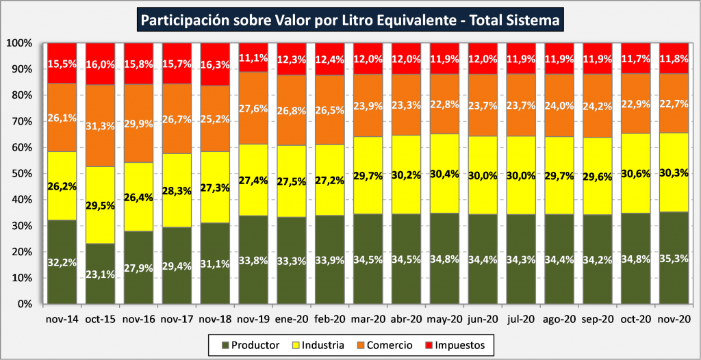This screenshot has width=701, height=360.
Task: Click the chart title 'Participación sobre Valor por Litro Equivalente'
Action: [350, 21]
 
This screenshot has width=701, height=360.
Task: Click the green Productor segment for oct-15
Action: [100, 274]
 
